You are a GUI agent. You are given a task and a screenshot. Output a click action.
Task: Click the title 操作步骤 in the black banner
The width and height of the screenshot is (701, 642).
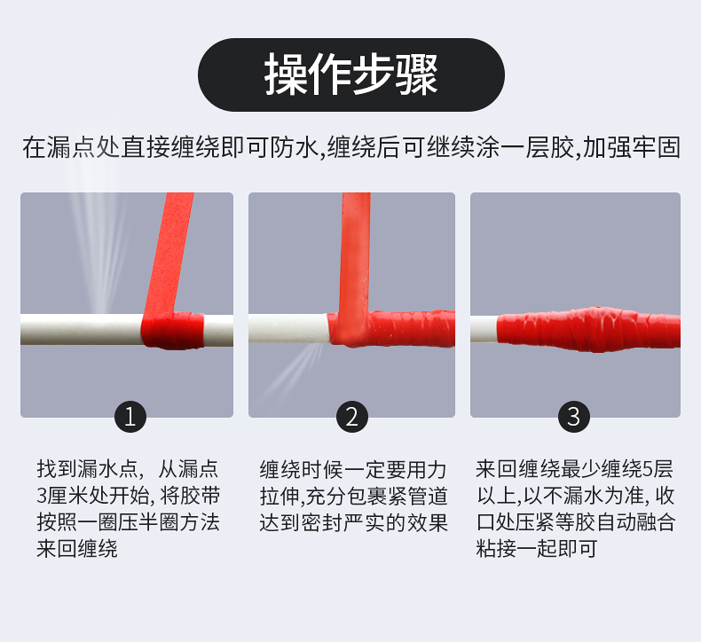351,74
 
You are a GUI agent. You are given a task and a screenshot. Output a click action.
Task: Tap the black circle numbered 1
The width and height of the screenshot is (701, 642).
130,417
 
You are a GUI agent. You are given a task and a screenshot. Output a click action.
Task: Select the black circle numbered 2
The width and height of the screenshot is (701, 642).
352,417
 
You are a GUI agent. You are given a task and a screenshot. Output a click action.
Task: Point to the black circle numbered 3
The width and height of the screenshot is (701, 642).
574,417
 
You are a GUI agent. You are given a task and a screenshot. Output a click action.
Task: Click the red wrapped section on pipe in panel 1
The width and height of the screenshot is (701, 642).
172,330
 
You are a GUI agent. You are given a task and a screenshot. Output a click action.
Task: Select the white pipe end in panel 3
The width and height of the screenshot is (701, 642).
484,329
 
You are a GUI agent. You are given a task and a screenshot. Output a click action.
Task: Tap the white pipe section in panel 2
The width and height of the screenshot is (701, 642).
288,328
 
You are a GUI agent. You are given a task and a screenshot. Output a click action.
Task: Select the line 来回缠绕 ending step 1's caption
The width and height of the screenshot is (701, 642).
77,549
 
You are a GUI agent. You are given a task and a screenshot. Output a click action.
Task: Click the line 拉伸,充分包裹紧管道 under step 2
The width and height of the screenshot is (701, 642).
354,497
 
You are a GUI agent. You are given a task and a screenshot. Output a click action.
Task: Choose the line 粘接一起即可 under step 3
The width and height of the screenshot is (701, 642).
537,549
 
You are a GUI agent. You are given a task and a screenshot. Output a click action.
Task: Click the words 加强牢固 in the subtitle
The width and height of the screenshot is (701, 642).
632,147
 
